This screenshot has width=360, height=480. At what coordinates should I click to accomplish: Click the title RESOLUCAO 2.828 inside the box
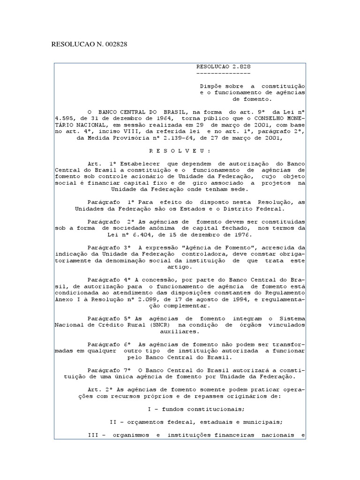pos(223,67)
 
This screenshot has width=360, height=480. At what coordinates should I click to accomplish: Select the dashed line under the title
pos(223,74)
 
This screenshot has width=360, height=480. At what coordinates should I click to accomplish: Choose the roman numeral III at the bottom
pos(94,435)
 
